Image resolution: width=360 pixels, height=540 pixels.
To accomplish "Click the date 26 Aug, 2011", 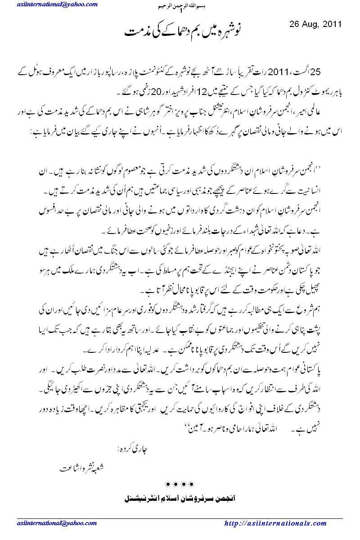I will pos(316,24).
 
